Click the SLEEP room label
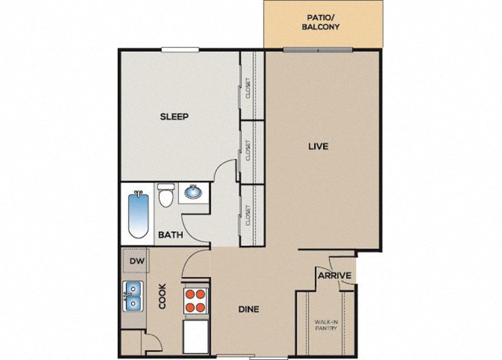(x=174, y=116)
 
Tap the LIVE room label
(x=318, y=146)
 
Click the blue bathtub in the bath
(x=139, y=214)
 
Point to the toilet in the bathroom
(x=166, y=194)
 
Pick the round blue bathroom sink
(x=193, y=192)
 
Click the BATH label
(x=171, y=235)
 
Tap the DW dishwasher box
(x=136, y=260)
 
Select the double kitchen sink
(x=133, y=296)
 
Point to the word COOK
(x=163, y=296)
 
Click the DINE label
(x=249, y=309)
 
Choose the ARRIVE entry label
(x=334, y=275)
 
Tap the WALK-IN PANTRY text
(x=326, y=325)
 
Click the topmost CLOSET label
(x=248, y=88)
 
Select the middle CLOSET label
(x=248, y=150)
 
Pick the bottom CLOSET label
(x=248, y=215)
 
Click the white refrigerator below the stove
(x=196, y=337)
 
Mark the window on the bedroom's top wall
(x=181, y=49)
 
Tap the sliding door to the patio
(x=318, y=49)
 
